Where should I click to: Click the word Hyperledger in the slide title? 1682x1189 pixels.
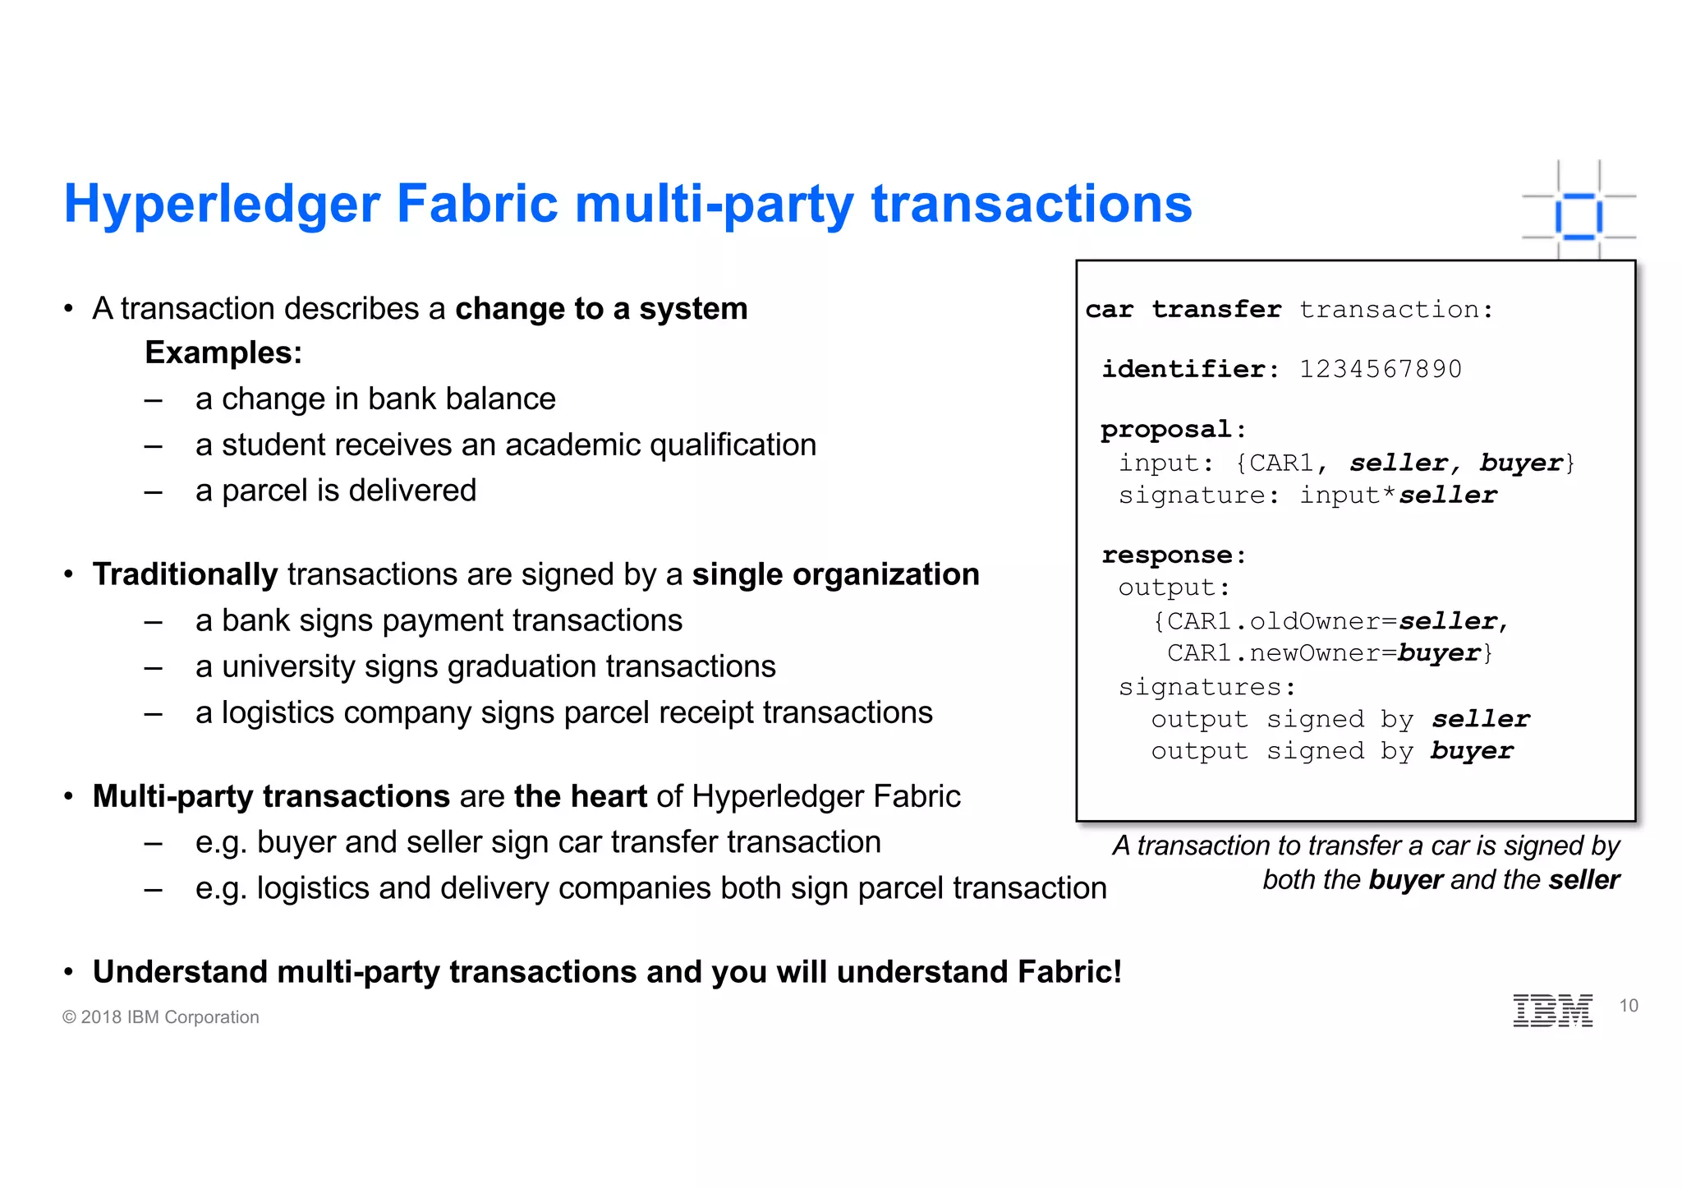[x=222, y=204]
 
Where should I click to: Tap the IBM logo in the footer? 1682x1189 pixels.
[x=1552, y=1010]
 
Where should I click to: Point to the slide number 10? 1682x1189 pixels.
[x=1628, y=1006]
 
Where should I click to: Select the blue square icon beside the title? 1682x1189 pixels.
[x=1579, y=216]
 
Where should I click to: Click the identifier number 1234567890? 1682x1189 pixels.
[x=1380, y=369]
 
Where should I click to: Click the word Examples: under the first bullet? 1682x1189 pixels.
[x=223, y=353]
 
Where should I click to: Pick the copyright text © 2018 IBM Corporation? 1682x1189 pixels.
[x=161, y=1017]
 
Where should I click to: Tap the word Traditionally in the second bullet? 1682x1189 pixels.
[x=185, y=574]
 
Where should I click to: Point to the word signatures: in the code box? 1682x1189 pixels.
[x=1206, y=687]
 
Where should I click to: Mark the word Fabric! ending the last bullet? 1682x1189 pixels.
[x=1069, y=972]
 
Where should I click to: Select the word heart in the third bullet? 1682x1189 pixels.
[x=609, y=796]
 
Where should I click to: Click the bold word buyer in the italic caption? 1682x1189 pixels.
[x=1405, y=880]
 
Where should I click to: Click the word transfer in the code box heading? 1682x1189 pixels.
[x=1216, y=310]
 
